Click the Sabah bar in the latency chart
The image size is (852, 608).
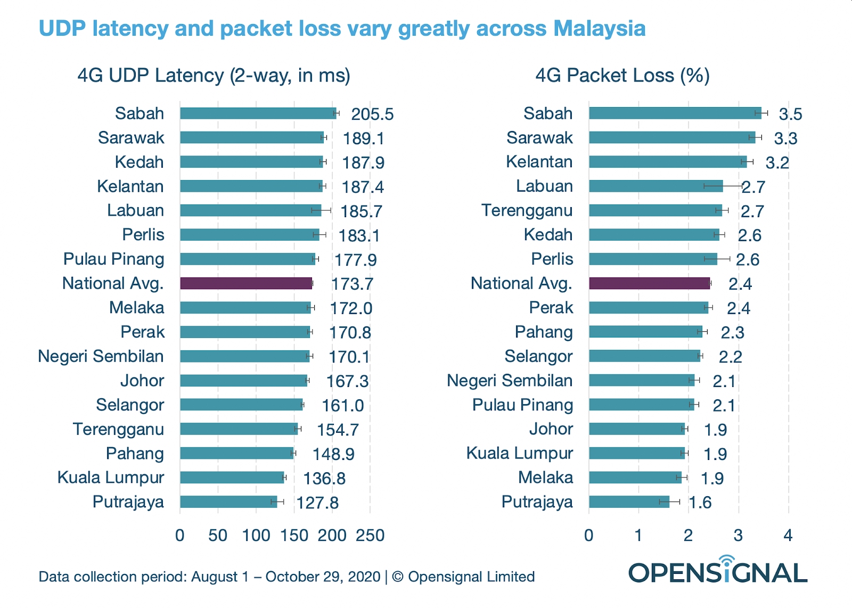pyautogui.click(x=258, y=113)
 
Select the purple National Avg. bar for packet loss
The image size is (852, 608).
pyautogui.click(x=649, y=283)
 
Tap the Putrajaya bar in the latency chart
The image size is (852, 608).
pyautogui.click(x=228, y=502)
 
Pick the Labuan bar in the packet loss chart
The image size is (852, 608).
pyautogui.click(x=656, y=186)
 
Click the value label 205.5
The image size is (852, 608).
pyautogui.click(x=372, y=114)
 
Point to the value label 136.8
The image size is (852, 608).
pyautogui.click(x=324, y=478)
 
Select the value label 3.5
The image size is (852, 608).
pyautogui.click(x=790, y=114)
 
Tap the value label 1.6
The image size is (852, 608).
pyautogui.click(x=700, y=502)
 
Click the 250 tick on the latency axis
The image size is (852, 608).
pyautogui.click(x=370, y=535)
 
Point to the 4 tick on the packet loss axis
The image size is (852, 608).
pyautogui.click(x=788, y=535)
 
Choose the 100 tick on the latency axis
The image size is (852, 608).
pyautogui.click(x=256, y=535)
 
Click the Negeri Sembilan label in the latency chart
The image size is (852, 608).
pyautogui.click(x=101, y=356)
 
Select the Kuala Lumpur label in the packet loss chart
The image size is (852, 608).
pyautogui.click(x=519, y=453)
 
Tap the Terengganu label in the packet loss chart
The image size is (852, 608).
pyautogui.click(x=527, y=210)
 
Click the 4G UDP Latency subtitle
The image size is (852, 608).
pyautogui.click(x=214, y=76)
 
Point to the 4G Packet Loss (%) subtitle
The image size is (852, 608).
pyautogui.click(x=622, y=76)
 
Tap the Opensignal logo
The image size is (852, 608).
pyautogui.click(x=718, y=571)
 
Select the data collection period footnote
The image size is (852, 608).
pyautogui.click(x=286, y=577)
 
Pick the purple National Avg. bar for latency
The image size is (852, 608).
pyautogui.click(x=246, y=283)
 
